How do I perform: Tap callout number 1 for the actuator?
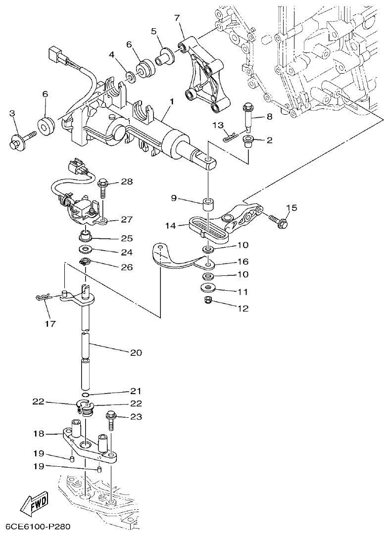point(171,102)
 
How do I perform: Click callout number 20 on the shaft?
point(136,353)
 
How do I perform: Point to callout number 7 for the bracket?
point(177,18)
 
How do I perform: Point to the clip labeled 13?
point(230,136)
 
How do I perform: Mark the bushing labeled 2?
point(248,143)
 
